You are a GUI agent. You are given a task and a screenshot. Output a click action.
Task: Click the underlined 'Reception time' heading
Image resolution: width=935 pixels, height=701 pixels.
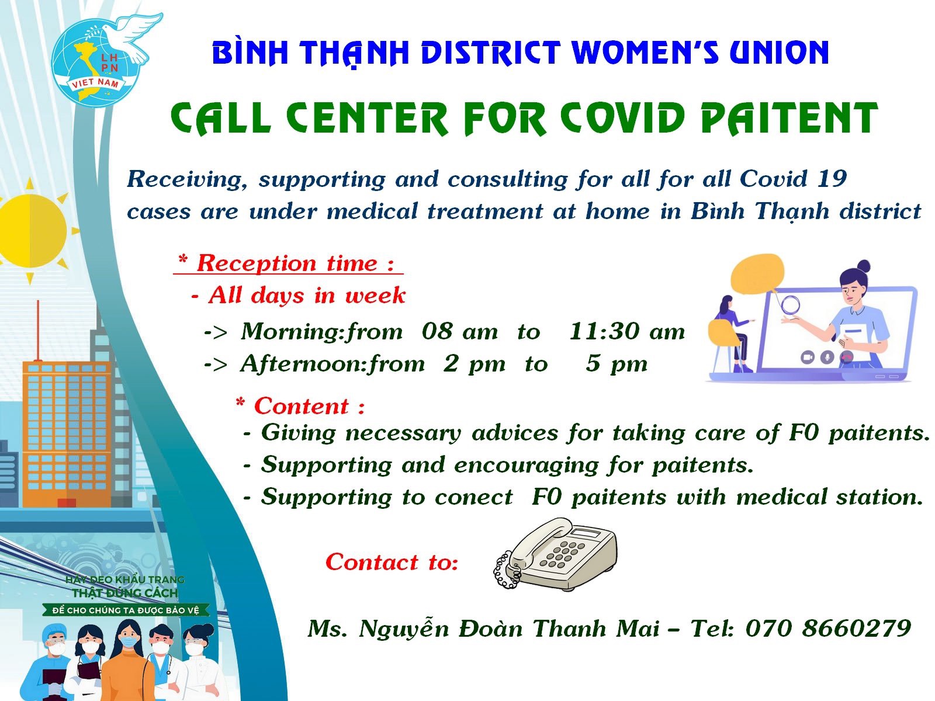tap(288, 263)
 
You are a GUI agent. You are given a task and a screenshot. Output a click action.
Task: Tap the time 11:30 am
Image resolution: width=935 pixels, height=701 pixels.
tap(626, 331)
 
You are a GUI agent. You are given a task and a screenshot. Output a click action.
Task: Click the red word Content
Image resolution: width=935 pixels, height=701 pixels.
tap(302, 405)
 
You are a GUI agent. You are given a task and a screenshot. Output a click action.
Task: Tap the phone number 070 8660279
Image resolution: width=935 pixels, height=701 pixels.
tap(828, 628)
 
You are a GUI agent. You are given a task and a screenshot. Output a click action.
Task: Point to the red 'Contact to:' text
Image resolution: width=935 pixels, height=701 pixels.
tap(392, 562)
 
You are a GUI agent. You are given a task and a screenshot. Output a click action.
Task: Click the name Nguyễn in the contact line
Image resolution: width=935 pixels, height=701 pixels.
tap(404, 629)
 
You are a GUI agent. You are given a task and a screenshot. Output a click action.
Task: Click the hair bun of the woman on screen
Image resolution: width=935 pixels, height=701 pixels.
tap(864, 267)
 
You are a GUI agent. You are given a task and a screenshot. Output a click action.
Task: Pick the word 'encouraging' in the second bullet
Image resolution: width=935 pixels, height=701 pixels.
tap(527, 466)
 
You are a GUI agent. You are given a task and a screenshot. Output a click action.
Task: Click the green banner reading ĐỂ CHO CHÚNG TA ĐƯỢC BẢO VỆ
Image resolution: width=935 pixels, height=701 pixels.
tap(126, 610)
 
